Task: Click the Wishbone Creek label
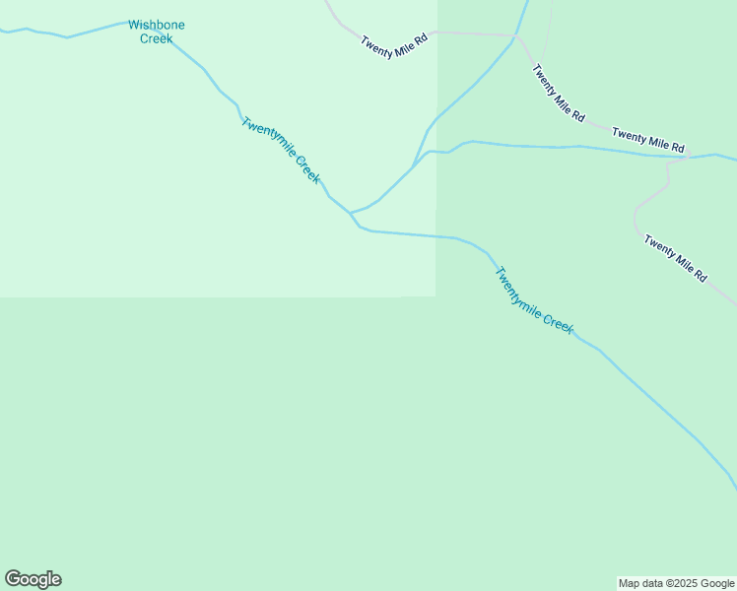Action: (156, 32)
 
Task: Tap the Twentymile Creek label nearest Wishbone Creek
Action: (281, 151)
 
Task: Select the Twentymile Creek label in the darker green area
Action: (533, 300)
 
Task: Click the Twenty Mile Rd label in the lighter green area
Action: (393, 43)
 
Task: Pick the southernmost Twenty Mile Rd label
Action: (676, 258)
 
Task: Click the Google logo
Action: (33, 579)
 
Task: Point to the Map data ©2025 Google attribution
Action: (677, 583)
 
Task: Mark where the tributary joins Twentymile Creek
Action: (350, 213)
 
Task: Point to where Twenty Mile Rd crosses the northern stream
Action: (515, 37)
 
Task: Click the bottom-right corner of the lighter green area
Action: (435, 295)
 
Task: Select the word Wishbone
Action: (156, 25)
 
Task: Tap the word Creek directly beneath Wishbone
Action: (156, 38)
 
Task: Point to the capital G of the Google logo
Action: (13, 579)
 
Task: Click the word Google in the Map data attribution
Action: (715, 583)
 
